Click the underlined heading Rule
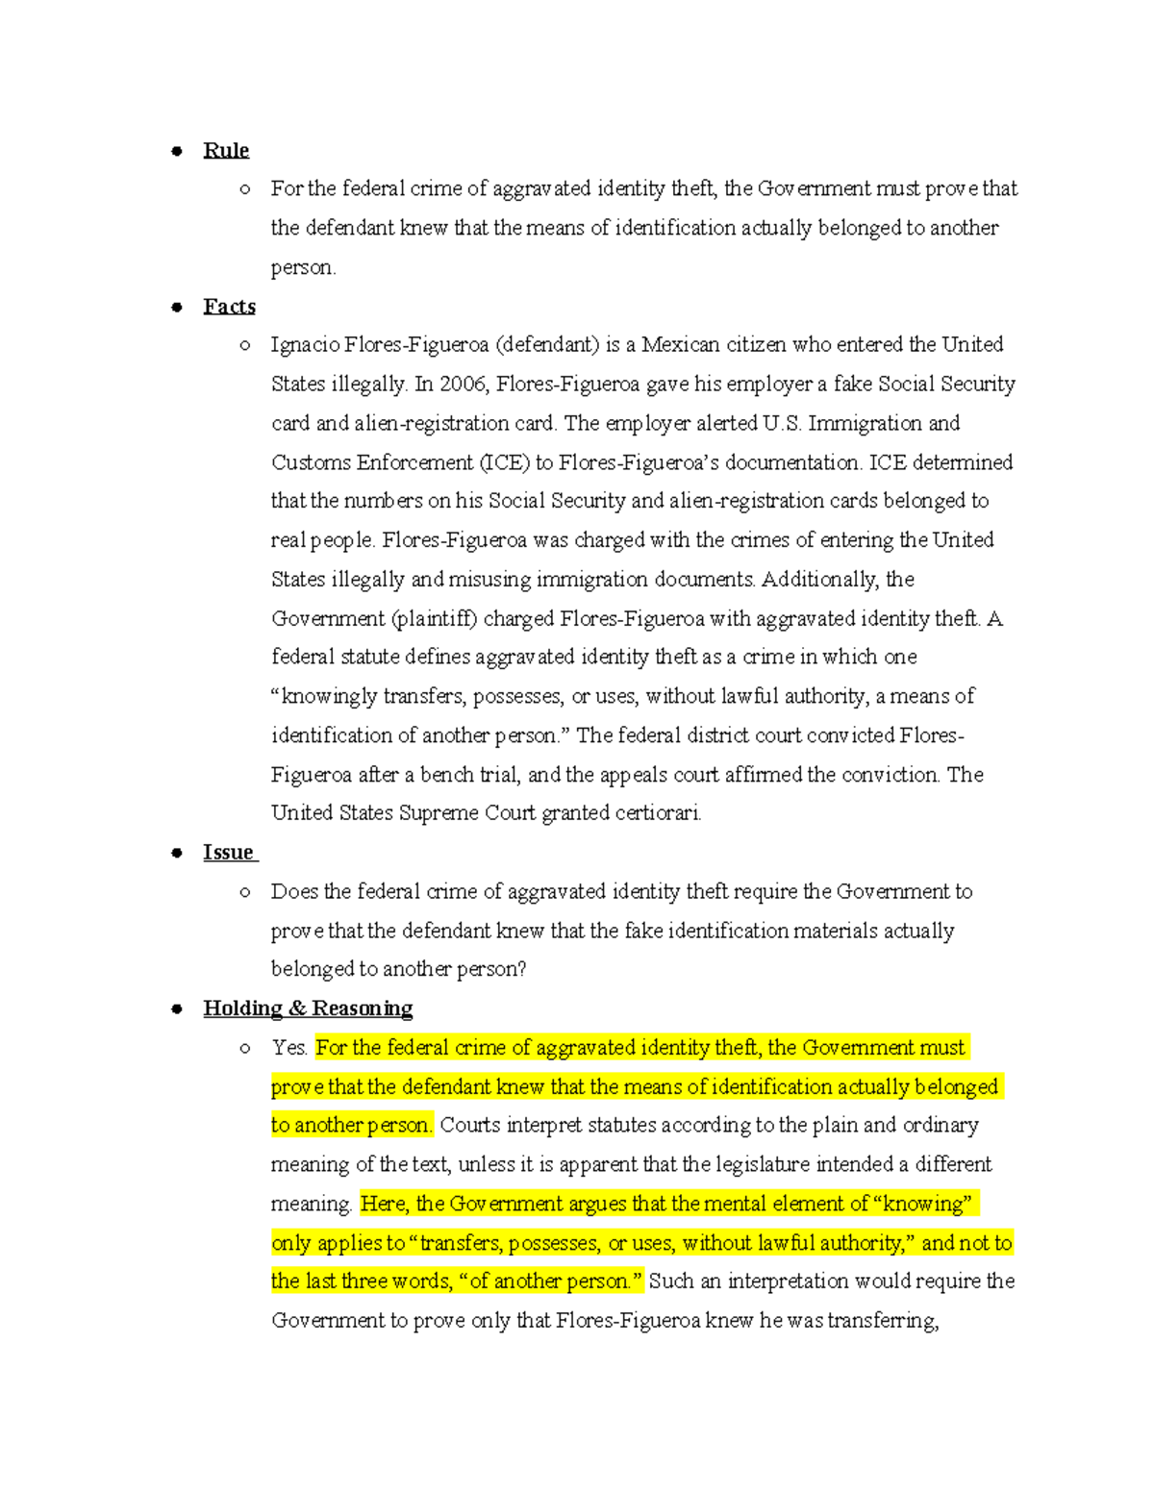click(226, 151)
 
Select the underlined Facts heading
click(229, 307)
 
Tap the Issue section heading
click(229, 853)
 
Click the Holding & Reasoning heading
click(308, 1008)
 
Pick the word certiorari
click(658, 813)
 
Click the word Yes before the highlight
click(288, 1048)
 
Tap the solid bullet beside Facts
click(177, 308)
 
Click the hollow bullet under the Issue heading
click(246, 892)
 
